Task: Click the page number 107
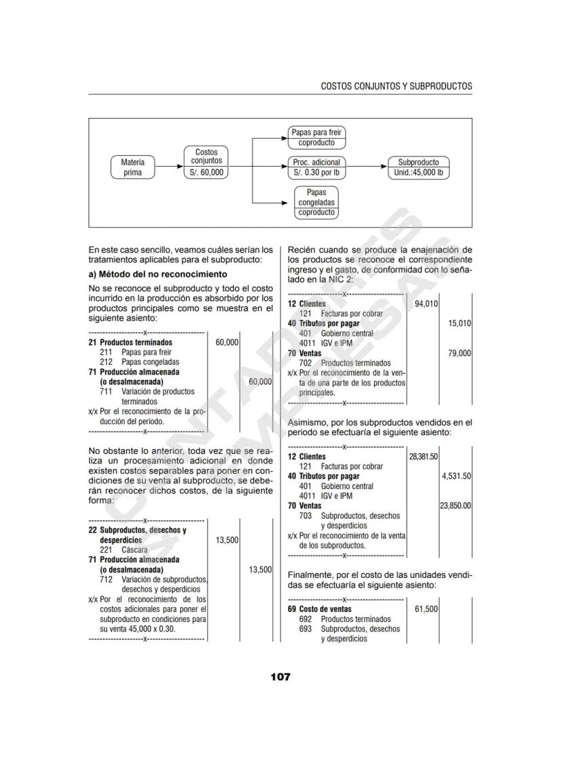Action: pyautogui.click(x=280, y=676)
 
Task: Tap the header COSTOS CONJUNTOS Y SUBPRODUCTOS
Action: pyautogui.click(x=396, y=86)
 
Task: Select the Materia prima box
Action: pyautogui.click(x=133, y=167)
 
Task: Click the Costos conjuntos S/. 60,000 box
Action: pyautogui.click(x=207, y=163)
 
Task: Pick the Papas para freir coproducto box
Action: pyautogui.click(x=316, y=138)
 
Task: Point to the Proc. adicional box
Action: pyautogui.click(x=316, y=167)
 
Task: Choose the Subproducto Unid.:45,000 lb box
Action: pyautogui.click(x=418, y=167)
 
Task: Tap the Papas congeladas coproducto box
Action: pyautogui.click(x=316, y=202)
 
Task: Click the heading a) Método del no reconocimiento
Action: pyautogui.click(x=159, y=274)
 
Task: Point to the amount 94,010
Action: pyautogui.click(x=426, y=304)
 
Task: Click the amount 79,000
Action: pyautogui.click(x=459, y=353)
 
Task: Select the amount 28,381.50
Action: pyautogui.click(x=423, y=457)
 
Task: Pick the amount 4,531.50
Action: pyautogui.click(x=457, y=476)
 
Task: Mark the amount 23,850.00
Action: pyautogui.click(x=456, y=505)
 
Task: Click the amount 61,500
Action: pyautogui.click(x=426, y=609)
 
